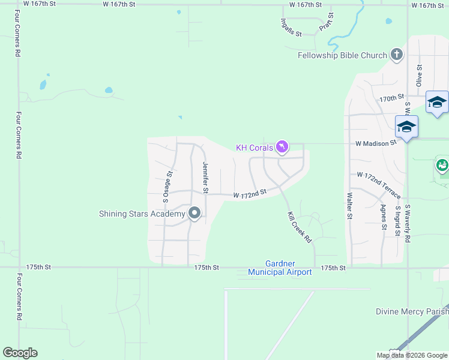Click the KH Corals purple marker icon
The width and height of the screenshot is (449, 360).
coord(282,147)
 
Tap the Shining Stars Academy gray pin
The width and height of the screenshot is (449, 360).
coord(194,214)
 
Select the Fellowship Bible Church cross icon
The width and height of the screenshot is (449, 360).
coord(396,55)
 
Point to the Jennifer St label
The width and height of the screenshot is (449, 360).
coord(205,178)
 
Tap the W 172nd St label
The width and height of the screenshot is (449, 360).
coord(249,195)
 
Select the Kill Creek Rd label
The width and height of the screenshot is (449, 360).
coord(300,226)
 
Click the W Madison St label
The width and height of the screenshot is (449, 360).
coord(376,143)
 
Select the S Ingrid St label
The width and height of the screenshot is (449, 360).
coord(397,220)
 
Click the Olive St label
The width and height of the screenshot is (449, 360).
coord(420,76)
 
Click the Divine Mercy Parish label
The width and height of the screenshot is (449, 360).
coord(412,311)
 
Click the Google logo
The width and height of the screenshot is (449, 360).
coord(20,353)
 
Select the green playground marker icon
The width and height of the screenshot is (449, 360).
coord(442,164)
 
